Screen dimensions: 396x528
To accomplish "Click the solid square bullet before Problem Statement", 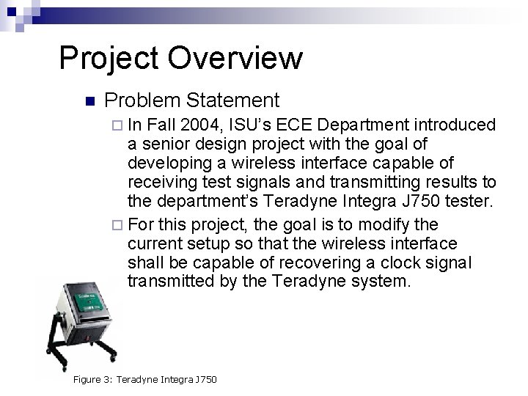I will [x=90, y=100].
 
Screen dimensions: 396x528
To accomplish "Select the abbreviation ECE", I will [x=317, y=125].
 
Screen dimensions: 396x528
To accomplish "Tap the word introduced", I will [x=455, y=125].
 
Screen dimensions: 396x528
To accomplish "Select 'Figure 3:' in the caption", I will [x=93, y=378].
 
